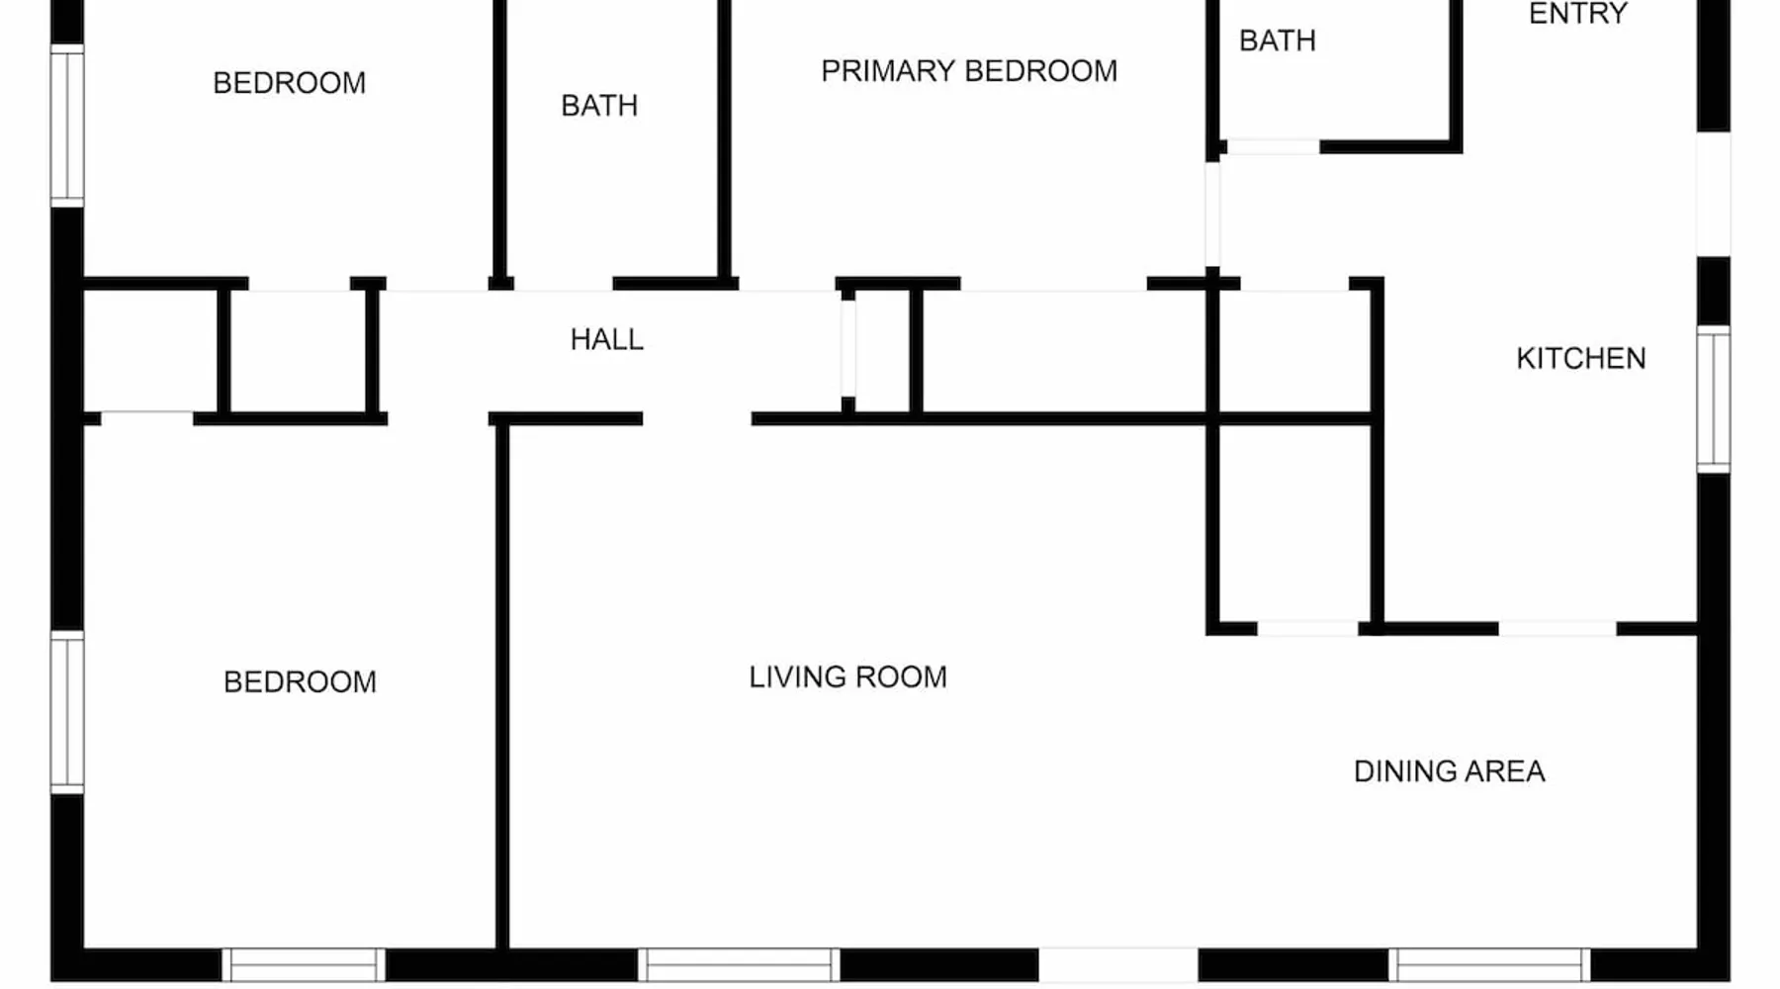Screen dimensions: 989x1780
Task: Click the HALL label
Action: [606, 339]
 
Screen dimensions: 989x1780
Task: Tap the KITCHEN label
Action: [1580, 358]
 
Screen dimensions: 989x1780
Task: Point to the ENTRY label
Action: [1577, 14]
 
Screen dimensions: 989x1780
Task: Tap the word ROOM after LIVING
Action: [900, 677]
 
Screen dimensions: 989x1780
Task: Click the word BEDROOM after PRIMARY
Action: [1040, 71]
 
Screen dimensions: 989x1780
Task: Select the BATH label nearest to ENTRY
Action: [1277, 41]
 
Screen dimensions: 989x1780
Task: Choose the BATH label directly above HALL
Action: [598, 106]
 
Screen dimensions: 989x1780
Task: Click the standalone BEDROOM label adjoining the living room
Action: [300, 682]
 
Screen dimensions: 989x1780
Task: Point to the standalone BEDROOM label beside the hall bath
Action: [289, 83]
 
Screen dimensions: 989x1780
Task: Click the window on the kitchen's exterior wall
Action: [1714, 399]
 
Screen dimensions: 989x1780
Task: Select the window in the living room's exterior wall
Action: [738, 964]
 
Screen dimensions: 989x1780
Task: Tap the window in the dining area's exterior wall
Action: [1488, 964]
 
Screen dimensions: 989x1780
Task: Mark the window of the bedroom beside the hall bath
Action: [67, 126]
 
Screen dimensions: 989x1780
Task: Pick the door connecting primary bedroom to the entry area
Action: [1212, 214]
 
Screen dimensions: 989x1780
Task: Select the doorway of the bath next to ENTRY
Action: [1273, 147]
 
